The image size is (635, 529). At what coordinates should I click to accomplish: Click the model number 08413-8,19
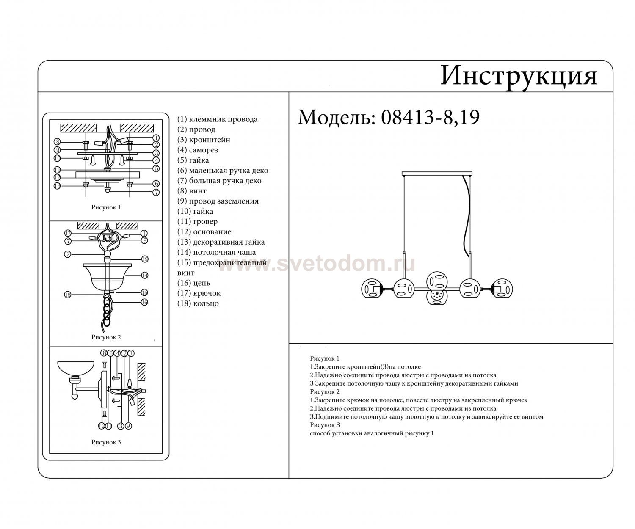point(431,117)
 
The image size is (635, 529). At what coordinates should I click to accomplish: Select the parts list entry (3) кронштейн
point(204,140)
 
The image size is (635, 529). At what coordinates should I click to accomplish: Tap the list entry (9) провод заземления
point(218,201)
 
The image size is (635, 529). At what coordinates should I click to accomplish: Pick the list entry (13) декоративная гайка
point(221,242)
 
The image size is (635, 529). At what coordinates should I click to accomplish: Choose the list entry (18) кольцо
point(198,303)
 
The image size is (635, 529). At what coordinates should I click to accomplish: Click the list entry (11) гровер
point(197,222)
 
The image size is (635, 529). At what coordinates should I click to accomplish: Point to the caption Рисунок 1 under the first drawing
point(106,207)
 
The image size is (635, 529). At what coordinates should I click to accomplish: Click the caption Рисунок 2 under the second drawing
point(106,337)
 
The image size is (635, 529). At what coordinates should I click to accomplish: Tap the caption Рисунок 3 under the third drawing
point(106,442)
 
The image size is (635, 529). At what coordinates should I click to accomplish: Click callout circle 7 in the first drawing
point(156,192)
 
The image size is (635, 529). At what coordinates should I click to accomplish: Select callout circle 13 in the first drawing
point(57,186)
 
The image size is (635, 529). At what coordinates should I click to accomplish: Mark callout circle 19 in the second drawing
point(145,259)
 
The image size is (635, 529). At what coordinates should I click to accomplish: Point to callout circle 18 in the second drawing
point(68,294)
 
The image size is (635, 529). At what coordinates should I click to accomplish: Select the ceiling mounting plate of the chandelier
point(437,174)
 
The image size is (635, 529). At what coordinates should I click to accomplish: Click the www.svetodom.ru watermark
point(316,264)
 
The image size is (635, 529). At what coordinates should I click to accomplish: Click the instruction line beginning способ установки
point(372,433)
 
